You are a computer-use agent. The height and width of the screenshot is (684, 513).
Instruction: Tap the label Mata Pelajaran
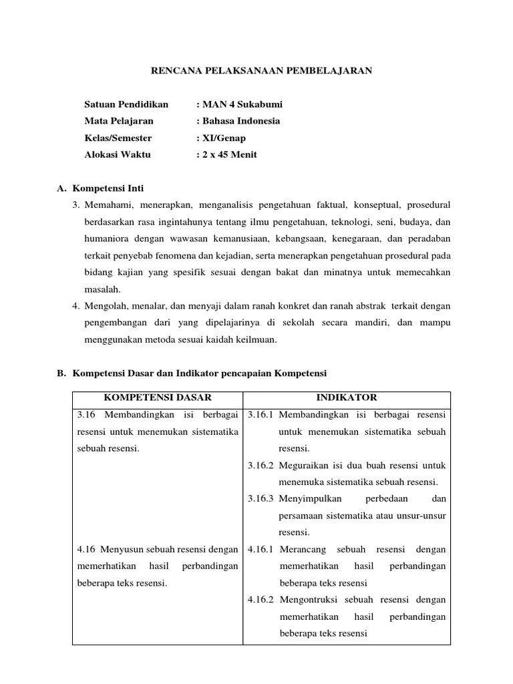119,121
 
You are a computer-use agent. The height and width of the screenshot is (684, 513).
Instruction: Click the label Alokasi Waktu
118,155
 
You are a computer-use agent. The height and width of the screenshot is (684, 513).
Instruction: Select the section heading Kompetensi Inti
108,188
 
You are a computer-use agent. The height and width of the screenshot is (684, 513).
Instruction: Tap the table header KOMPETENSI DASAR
157,397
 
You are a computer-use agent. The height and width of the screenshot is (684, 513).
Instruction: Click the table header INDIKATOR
347,397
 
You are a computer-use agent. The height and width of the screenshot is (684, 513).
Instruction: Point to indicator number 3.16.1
261,415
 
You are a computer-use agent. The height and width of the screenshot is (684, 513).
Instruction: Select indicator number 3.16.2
261,465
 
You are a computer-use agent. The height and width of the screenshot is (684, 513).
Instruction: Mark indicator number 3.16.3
261,499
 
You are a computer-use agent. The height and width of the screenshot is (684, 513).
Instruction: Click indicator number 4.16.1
261,549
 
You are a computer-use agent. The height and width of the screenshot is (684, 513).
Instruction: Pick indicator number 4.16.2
261,599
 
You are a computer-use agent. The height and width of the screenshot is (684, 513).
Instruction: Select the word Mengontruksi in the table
309,599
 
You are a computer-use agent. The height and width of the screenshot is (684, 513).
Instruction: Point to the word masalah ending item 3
102,289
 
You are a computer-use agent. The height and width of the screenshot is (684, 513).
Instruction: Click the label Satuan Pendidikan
126,104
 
